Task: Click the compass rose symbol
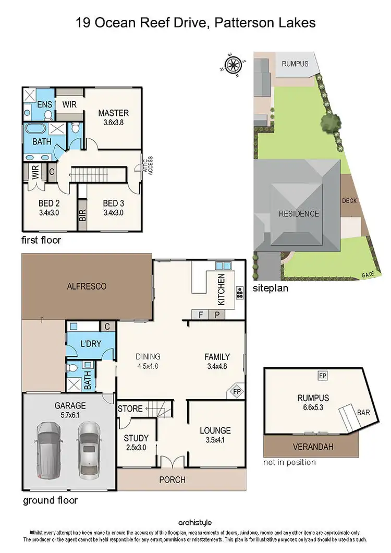tap(233, 65)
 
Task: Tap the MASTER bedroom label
tap(114, 113)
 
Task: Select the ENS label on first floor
tap(38, 104)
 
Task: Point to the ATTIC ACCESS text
tap(148, 165)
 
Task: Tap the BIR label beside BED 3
tap(82, 216)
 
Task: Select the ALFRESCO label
tap(87, 286)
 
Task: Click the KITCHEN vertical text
tap(221, 290)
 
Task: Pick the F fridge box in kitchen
tap(201, 315)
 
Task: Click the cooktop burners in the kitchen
tap(240, 293)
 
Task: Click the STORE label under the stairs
tap(130, 408)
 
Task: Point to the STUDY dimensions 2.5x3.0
tap(136, 448)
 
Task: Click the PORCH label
tap(172, 479)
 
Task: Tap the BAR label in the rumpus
tap(363, 412)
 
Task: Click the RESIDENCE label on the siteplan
tap(299, 213)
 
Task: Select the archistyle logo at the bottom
tap(195, 522)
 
